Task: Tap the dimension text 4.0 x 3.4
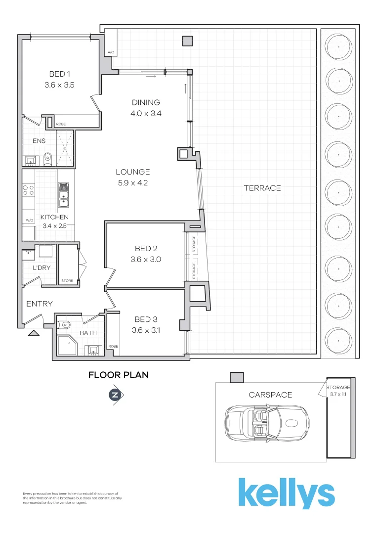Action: click(146, 113)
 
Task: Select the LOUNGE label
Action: click(132, 172)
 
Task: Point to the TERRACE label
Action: click(262, 188)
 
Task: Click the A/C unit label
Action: click(110, 52)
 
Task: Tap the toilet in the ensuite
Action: click(48, 158)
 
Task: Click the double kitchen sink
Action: click(64, 195)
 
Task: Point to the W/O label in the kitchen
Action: click(29, 221)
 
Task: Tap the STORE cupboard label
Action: click(67, 281)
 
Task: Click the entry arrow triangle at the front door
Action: click(34, 333)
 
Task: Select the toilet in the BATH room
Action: click(65, 325)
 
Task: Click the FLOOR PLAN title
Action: click(118, 375)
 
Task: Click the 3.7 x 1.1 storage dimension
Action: click(338, 394)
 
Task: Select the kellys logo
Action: click(287, 493)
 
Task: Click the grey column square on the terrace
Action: click(187, 42)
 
